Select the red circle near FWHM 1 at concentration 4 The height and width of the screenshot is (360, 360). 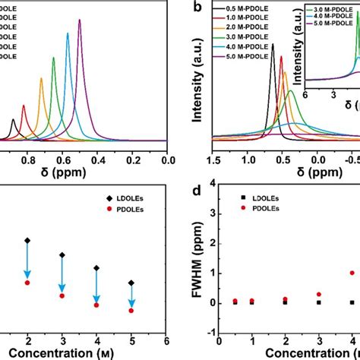click(352, 273)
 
